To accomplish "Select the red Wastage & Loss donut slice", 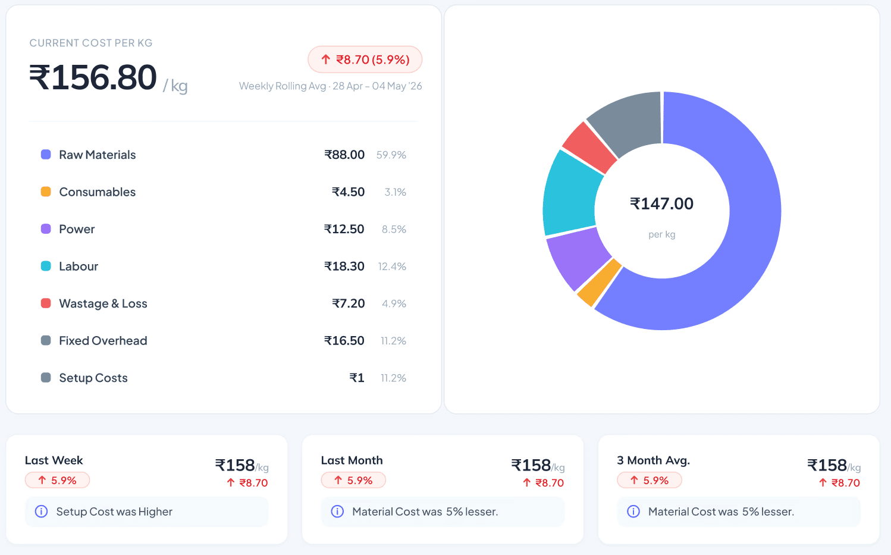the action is [589, 147].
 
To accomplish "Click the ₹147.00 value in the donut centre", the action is [661, 203].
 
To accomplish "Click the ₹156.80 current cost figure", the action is [93, 77].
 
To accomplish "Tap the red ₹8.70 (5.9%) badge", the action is [365, 59].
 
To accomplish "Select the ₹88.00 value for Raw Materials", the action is [344, 155].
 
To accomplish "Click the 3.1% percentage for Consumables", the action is [396, 192].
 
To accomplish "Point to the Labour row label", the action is [79, 266].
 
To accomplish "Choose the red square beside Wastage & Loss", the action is [46, 303].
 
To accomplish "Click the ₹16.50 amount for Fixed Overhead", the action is [344, 341].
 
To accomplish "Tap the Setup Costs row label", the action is [93, 378].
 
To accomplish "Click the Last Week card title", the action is [54, 460].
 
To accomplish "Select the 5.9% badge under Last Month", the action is [353, 480].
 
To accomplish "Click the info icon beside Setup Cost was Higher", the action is [42, 511].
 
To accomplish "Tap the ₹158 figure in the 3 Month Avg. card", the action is [827, 465].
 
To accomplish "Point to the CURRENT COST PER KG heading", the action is [91, 43].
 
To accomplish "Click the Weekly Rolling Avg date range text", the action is [330, 86].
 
